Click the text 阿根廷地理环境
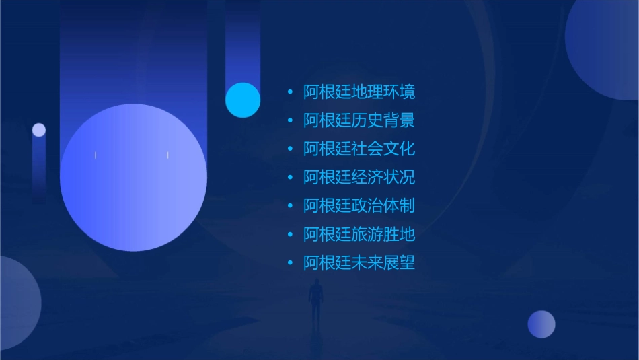point(359,92)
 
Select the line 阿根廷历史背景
point(359,120)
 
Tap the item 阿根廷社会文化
point(359,149)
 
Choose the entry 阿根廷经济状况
point(359,178)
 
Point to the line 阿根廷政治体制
point(359,206)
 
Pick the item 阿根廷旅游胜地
point(359,234)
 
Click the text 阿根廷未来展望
point(359,263)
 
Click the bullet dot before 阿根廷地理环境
point(290,92)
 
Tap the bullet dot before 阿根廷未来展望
point(290,263)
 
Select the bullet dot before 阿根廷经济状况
point(290,178)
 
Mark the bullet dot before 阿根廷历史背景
point(290,120)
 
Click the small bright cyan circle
point(243,100)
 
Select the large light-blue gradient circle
point(133,178)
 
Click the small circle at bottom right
point(541,324)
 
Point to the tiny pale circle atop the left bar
point(39,130)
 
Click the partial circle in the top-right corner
point(605,47)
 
